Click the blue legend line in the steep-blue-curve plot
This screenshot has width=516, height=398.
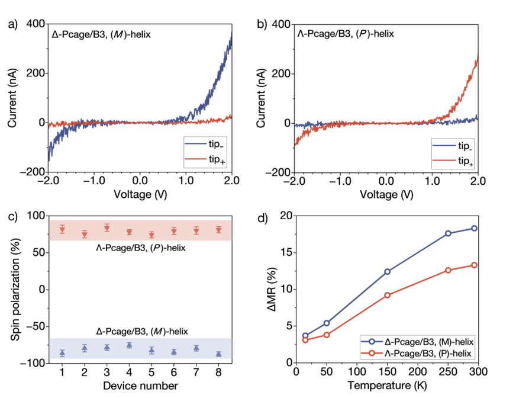click(x=195, y=144)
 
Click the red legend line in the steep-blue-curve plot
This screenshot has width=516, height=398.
click(x=195, y=159)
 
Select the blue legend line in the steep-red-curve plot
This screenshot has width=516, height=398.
click(x=444, y=145)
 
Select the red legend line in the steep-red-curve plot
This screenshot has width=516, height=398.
click(x=444, y=160)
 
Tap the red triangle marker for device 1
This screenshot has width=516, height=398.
click(x=62, y=229)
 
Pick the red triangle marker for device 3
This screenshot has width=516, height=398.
click(x=107, y=227)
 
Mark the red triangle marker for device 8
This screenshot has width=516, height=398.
click(x=218, y=229)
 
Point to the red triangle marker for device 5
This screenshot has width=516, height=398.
click(x=151, y=235)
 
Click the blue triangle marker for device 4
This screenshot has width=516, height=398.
click(x=129, y=345)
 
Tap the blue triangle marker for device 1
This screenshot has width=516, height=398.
click(x=62, y=353)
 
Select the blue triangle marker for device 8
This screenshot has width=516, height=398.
click(x=218, y=354)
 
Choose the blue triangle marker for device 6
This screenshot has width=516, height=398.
click(x=174, y=352)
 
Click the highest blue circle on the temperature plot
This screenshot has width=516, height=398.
click(x=474, y=228)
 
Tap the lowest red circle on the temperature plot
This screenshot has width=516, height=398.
click(x=305, y=340)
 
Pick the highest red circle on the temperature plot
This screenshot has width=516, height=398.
click(x=474, y=265)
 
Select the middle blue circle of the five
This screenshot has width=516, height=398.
click(x=388, y=271)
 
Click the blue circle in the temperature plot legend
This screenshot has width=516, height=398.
click(x=372, y=342)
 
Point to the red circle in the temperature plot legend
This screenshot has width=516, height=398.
click(x=372, y=353)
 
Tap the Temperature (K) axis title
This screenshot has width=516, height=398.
click(x=388, y=385)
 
